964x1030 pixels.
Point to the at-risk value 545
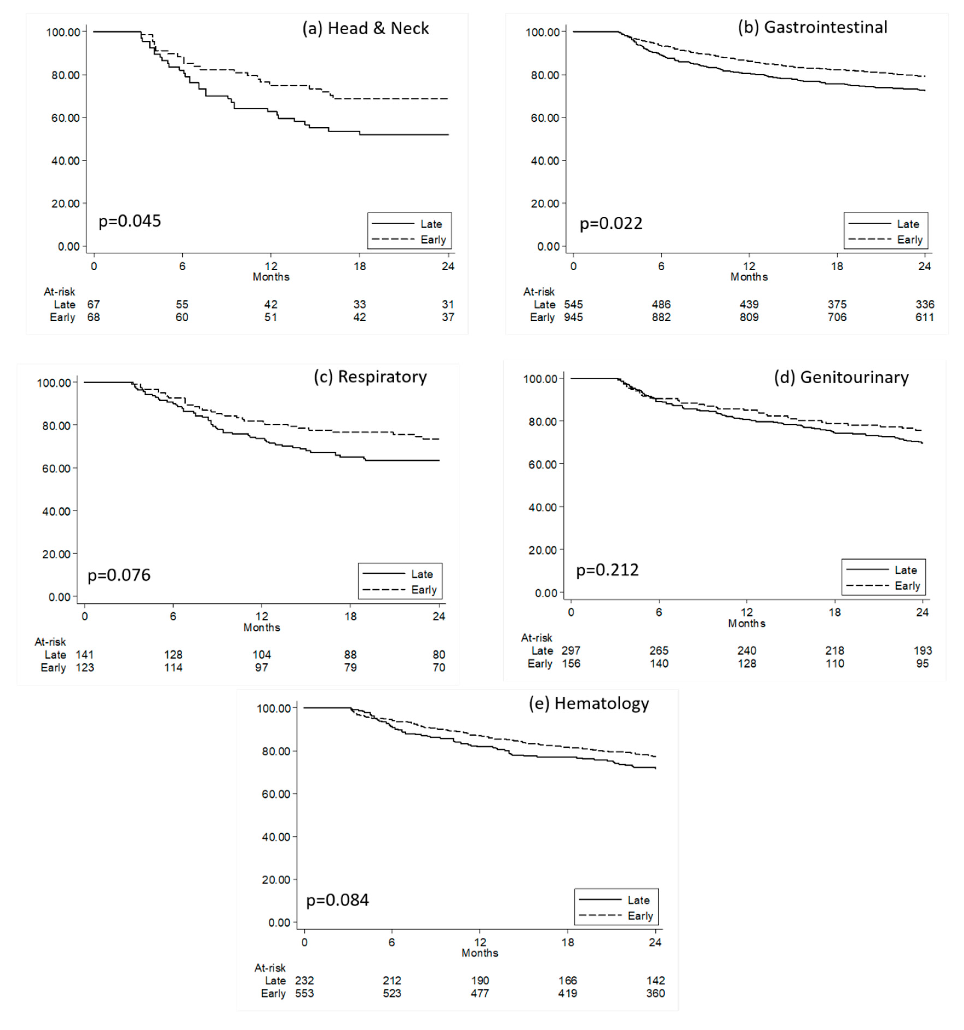pos(573,304)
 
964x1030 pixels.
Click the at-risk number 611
pos(925,317)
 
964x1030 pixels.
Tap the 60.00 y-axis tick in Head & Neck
pos(66,118)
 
